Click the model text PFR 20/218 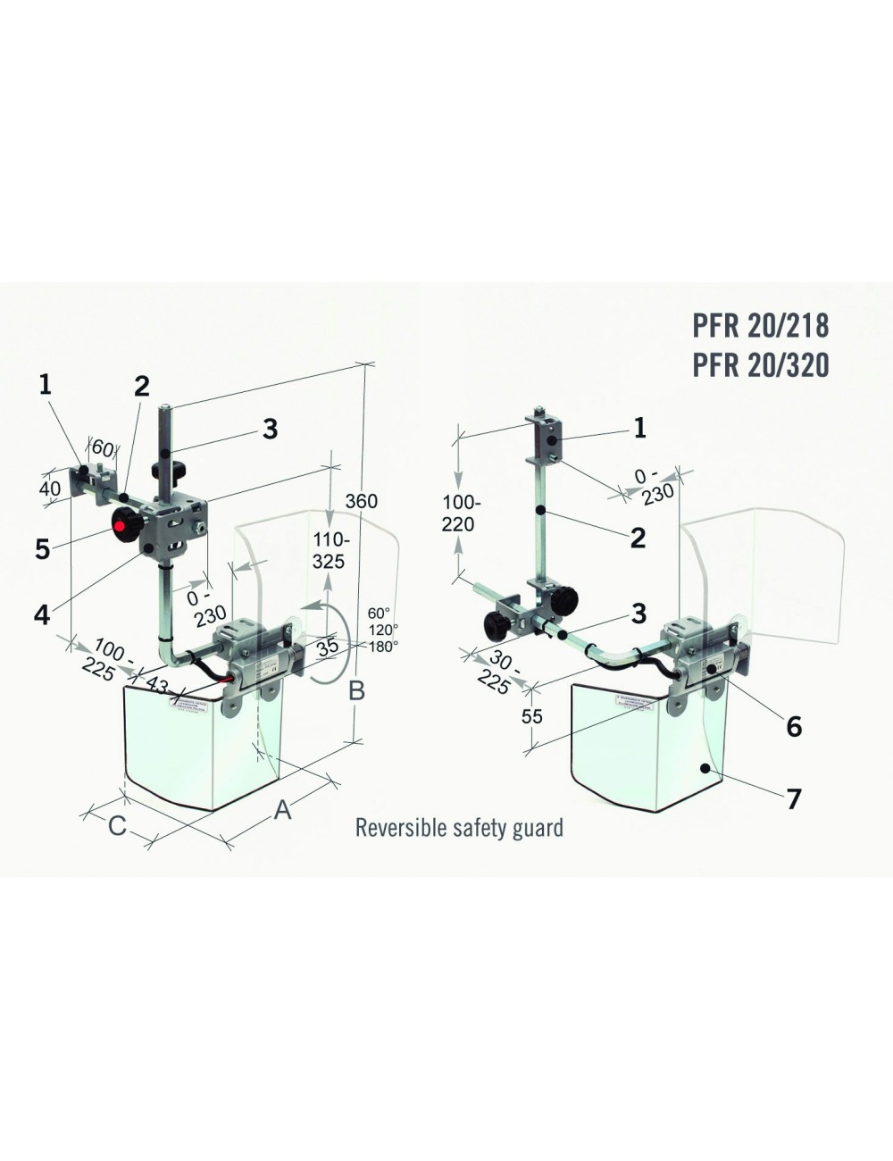tap(760, 325)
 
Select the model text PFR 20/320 tap(760, 363)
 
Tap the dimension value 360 tap(361, 501)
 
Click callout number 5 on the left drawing tap(43, 549)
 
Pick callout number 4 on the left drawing tap(43, 614)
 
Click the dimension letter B tap(356, 690)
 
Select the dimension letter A tap(282, 809)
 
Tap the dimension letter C tap(117, 826)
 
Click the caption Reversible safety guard tap(459, 827)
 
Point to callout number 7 tap(794, 798)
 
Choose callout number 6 tap(793, 727)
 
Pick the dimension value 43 tap(157, 685)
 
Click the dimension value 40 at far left tap(50, 489)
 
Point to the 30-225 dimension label tap(496, 672)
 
